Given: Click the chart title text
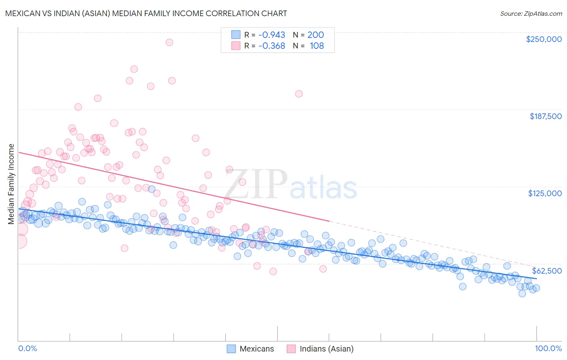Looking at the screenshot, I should tap(146, 13).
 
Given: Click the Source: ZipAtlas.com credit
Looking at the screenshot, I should tap(531, 13).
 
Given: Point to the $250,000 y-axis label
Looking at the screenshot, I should tap(544, 39).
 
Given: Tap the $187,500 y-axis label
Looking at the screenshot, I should tap(545, 116).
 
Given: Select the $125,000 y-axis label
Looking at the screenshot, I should tap(545, 193).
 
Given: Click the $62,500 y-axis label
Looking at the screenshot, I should tap(546, 271).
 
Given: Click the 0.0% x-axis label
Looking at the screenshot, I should tap(27, 348).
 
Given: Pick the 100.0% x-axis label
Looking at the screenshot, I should tap(548, 348).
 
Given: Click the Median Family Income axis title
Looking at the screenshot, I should tap(11, 184).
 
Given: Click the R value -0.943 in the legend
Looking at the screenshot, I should tap(271, 35).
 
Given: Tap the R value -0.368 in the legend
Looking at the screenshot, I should tap(271, 46).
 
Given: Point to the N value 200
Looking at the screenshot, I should tap(315, 35).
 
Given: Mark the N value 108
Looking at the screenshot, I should tap(317, 46).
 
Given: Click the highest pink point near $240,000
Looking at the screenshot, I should tap(169, 42).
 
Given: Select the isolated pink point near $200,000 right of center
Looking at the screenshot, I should tap(299, 94).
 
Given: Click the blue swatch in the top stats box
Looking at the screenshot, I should tap(236, 35).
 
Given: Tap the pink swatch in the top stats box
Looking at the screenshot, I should tap(236, 46).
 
